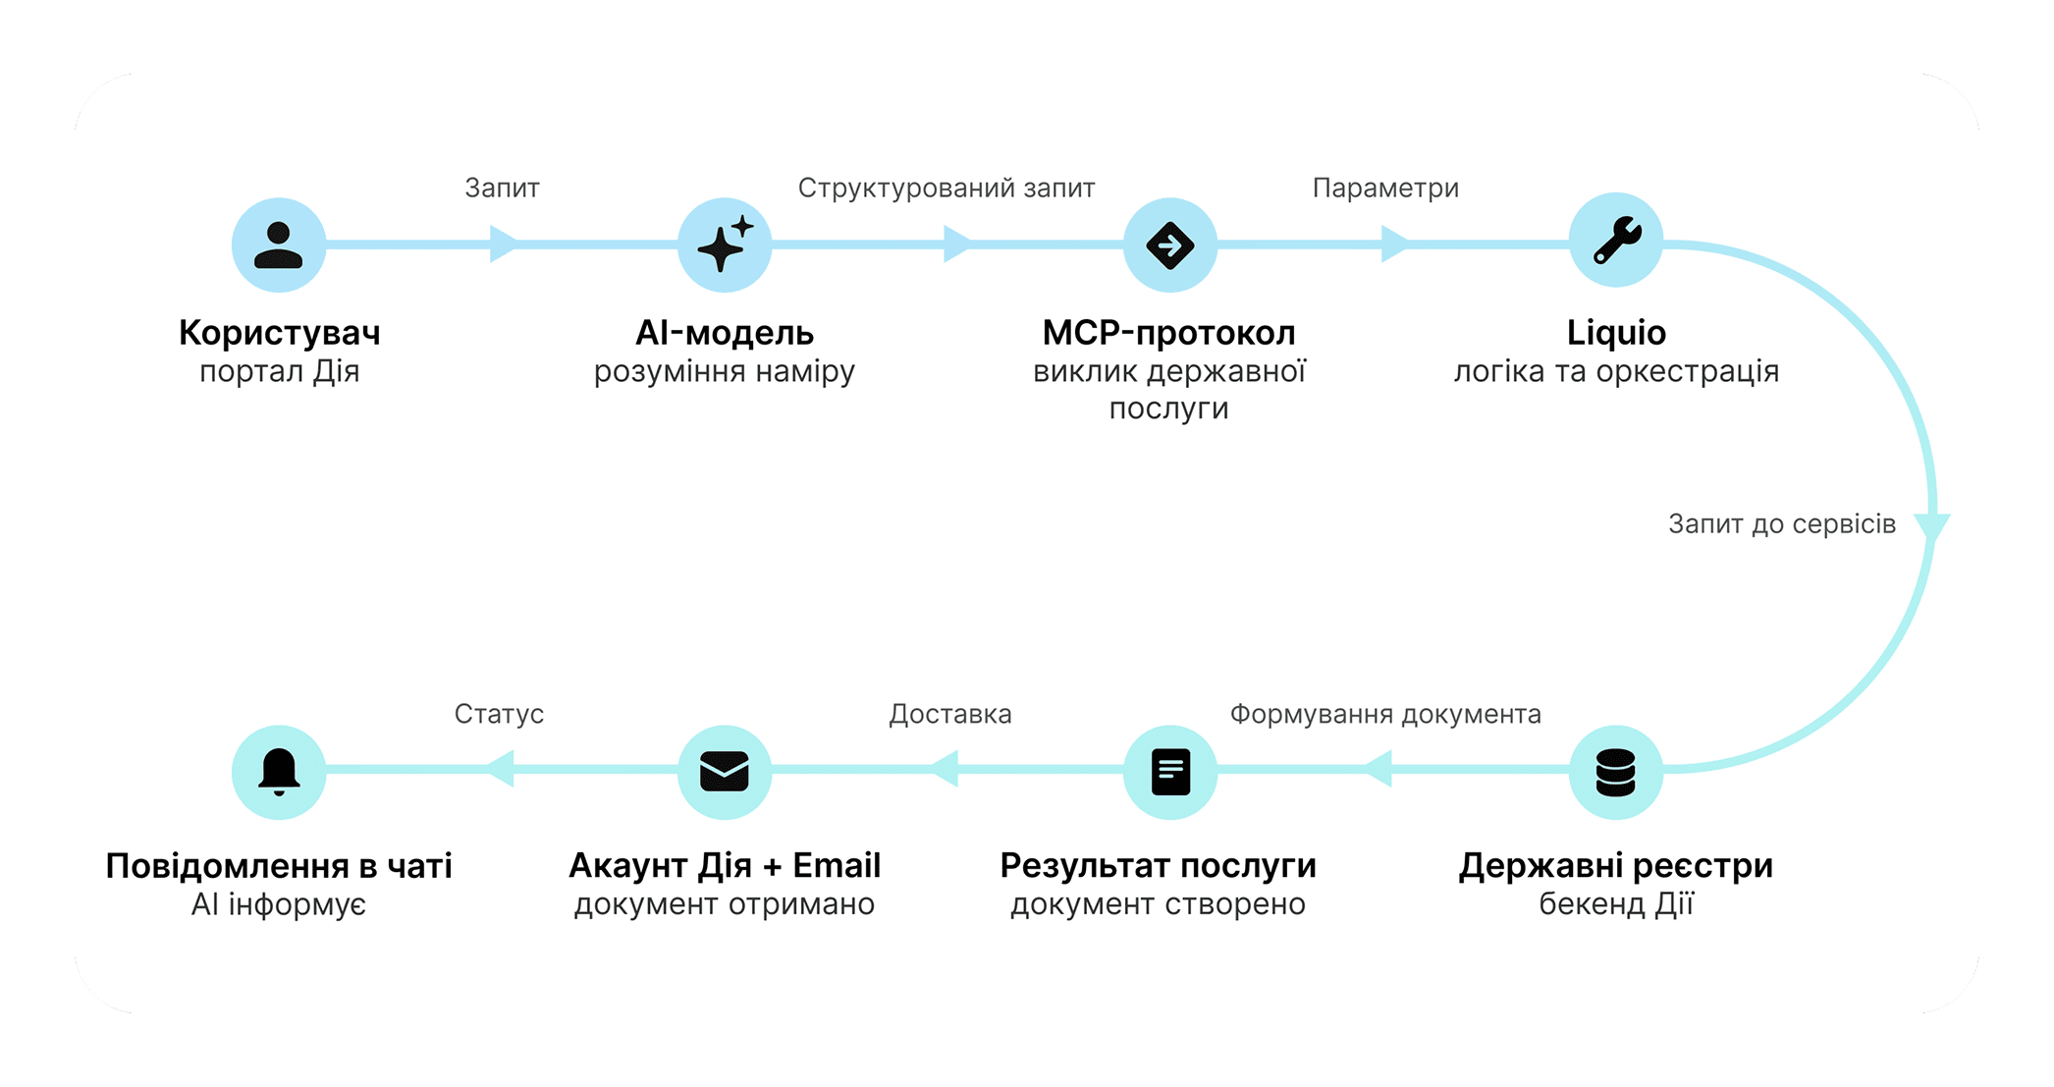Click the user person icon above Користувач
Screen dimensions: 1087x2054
(279, 245)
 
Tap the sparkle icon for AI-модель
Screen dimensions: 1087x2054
(725, 245)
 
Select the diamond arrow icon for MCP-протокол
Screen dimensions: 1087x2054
(1170, 245)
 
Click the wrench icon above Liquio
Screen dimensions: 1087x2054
(1616, 241)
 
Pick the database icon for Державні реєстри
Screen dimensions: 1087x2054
(1616, 772)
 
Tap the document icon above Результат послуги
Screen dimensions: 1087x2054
(1170, 772)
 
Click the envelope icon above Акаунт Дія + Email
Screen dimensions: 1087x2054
(725, 772)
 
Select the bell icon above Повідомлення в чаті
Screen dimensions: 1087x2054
(279, 772)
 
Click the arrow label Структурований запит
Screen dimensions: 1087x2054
(946, 188)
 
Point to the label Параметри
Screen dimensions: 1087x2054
(1385, 188)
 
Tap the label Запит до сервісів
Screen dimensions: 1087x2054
(1781, 523)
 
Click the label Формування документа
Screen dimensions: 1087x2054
(1385, 714)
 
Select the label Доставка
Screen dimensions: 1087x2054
(949, 714)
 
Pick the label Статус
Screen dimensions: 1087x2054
(499, 714)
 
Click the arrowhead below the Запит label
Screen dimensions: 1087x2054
(503, 244)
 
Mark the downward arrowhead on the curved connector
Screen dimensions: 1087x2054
(1932, 526)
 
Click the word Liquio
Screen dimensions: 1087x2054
(1616, 333)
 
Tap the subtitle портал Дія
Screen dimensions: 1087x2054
(279, 371)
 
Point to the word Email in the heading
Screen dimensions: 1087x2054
(837, 865)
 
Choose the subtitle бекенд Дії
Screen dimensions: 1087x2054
(1616, 903)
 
